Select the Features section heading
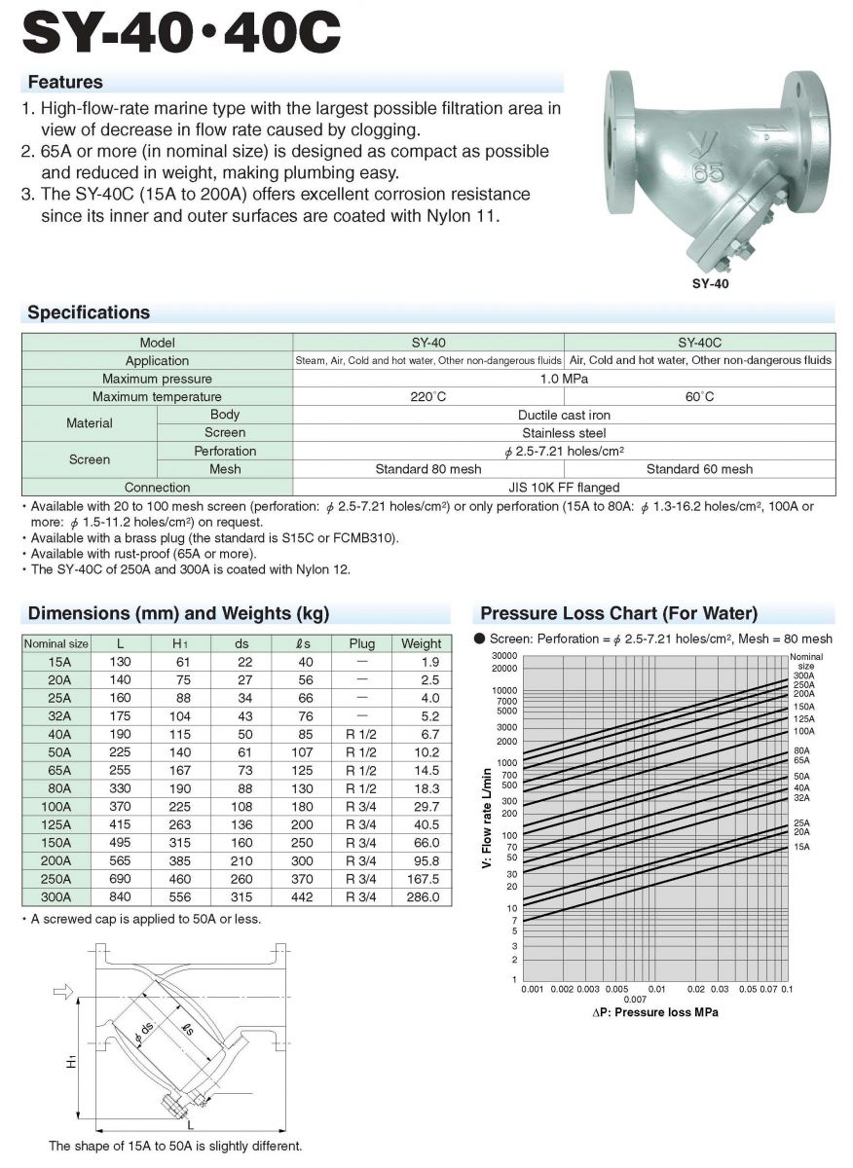pyautogui.click(x=65, y=82)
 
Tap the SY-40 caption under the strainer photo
pyautogui.click(x=709, y=285)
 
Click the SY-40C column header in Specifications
pyautogui.click(x=699, y=343)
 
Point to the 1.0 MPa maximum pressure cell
pyautogui.click(x=564, y=379)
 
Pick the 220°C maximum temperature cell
pyautogui.click(x=427, y=397)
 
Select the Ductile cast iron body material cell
pyautogui.click(x=564, y=415)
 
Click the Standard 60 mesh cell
pyautogui.click(x=699, y=469)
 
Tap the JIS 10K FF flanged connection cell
pyautogui.click(x=564, y=487)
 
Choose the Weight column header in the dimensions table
pyautogui.click(x=421, y=643)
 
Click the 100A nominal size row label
pyautogui.click(x=56, y=807)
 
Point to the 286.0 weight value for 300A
pyautogui.click(x=421, y=897)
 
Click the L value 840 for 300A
pyautogui.click(x=121, y=897)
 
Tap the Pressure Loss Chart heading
pyautogui.click(x=618, y=613)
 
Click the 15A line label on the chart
pyautogui.click(x=800, y=847)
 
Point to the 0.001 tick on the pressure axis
pyautogui.click(x=532, y=989)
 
